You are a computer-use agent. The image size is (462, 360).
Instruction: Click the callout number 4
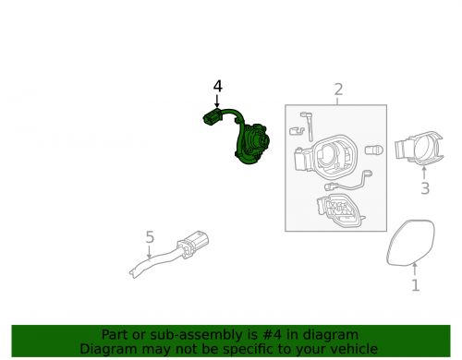coord(218,86)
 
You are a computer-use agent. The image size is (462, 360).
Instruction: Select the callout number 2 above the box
coord(338,90)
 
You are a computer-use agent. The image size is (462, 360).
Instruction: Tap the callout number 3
coord(425,188)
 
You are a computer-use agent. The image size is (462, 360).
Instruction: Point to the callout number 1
coord(416,285)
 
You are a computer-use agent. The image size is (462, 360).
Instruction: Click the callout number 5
coord(150,237)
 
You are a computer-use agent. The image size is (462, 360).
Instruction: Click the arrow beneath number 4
coord(217,102)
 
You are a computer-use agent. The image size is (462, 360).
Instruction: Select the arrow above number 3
coord(424,173)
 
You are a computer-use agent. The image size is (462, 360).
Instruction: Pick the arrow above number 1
coord(415,269)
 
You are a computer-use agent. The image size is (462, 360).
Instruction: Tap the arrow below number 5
coord(149,252)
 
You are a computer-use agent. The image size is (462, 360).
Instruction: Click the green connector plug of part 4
coord(213,117)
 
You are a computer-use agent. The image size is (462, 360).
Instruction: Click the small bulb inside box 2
coord(374,150)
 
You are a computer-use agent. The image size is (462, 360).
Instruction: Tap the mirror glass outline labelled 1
coord(410,243)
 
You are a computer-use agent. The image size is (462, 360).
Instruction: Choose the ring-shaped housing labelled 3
coord(419,149)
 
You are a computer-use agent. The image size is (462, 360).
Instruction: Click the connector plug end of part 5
coord(193,244)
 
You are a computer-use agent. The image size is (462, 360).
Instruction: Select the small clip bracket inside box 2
coord(297,130)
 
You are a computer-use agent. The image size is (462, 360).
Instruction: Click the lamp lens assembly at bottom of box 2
coord(340,210)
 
